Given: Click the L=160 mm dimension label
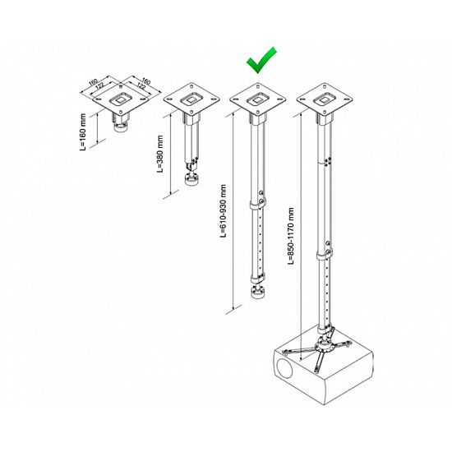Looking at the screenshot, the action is tap(83, 131).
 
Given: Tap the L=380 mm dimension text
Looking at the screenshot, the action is tap(160, 154).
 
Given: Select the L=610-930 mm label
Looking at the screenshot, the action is tap(223, 210).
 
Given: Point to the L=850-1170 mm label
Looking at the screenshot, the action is tap(291, 236).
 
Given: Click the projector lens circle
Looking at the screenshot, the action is tap(285, 367).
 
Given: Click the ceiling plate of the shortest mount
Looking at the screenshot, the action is tap(121, 99).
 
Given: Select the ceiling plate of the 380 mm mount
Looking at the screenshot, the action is tap(191, 99).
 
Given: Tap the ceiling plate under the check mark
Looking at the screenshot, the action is tap(258, 99).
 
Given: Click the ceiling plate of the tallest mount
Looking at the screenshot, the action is tap(325, 99).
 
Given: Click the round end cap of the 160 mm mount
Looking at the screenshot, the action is tap(121, 127).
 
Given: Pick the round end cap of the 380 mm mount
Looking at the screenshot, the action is tap(191, 182).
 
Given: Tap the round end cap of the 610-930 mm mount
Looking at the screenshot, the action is tap(257, 293).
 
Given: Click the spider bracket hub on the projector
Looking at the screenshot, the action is tap(324, 346).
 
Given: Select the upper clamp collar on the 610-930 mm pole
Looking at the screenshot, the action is tap(257, 205).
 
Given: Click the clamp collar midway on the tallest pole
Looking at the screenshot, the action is tap(325, 255).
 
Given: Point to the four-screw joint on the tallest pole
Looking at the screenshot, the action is tap(327, 161).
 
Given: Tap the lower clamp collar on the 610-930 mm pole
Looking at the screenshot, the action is tap(257, 279).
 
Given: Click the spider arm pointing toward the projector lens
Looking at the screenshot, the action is tap(300, 351).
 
